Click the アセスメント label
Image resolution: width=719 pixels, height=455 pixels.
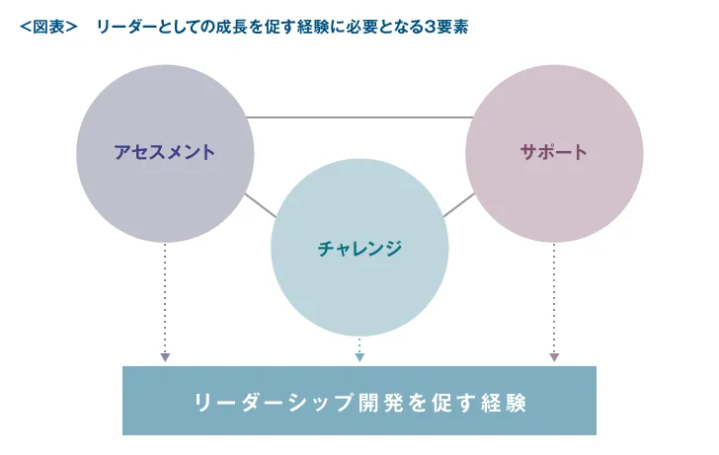164,152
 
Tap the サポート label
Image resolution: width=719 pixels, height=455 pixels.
553,152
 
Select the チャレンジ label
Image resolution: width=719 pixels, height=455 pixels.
359,248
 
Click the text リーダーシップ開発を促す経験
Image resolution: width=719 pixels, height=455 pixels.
359,402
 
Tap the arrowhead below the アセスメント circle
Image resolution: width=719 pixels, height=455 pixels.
165,357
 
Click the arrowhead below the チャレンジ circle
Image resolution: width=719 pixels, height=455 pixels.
359,357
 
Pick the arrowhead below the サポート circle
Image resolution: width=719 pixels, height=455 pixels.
554,357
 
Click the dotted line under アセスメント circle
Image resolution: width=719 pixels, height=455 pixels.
165,296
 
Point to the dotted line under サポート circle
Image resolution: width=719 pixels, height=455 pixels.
554,296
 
